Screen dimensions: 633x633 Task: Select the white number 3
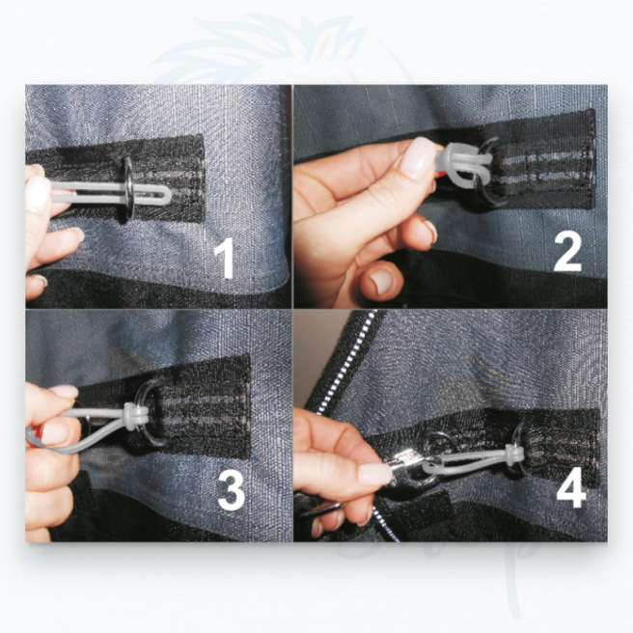tap(231, 490)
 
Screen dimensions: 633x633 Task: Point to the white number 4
tap(571, 489)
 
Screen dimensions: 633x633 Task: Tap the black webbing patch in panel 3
tap(207, 405)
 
